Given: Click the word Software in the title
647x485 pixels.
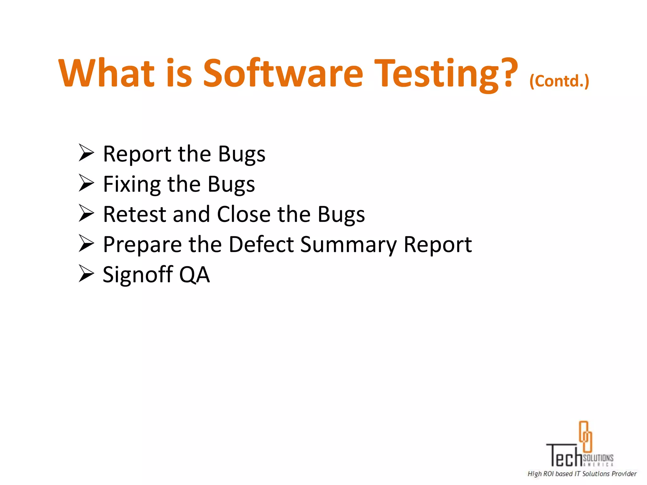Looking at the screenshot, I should [x=283, y=73].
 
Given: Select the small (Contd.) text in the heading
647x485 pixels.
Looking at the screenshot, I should [x=559, y=81].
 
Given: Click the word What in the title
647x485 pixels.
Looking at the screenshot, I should [x=106, y=73].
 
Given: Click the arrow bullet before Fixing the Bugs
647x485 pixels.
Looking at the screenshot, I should [x=86, y=183].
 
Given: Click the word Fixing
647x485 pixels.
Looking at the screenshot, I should [x=132, y=184].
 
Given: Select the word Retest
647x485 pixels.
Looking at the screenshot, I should [x=134, y=214].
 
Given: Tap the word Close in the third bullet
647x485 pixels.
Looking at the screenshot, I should [x=244, y=214].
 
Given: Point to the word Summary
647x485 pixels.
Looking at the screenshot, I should [x=348, y=245].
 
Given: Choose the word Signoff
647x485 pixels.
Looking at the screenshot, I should [x=138, y=274].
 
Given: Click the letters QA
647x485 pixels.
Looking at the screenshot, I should [x=194, y=275].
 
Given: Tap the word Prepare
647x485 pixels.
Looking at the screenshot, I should [x=142, y=245].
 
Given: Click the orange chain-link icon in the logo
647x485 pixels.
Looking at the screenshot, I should [x=585, y=436].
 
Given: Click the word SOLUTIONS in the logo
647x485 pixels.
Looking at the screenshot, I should [x=598, y=458].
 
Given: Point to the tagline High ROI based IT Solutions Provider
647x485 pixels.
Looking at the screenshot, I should [x=582, y=474].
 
